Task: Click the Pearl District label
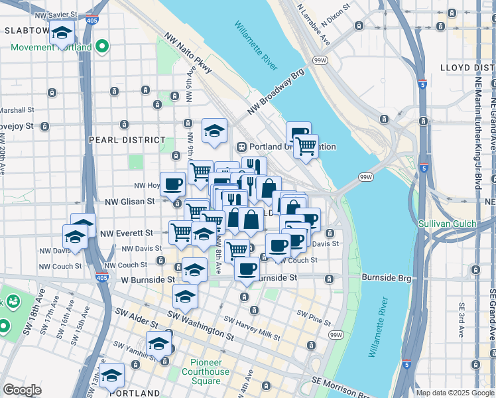[127, 140]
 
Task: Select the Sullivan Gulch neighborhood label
[447, 224]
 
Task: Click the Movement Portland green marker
[101, 46]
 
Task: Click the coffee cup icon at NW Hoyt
[173, 184]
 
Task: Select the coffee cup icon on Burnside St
[247, 269]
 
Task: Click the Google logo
[22, 390]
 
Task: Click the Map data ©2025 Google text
[455, 393]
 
